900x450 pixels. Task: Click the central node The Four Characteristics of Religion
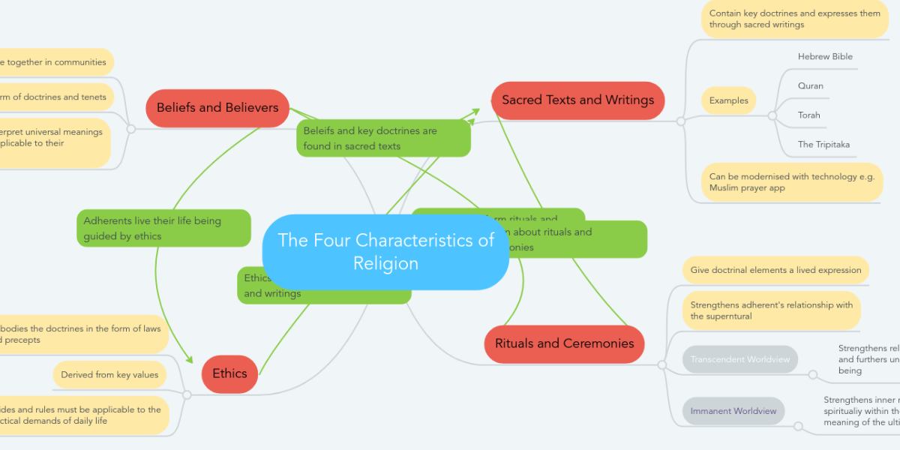pyautogui.click(x=385, y=252)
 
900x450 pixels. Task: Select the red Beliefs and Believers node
pyautogui.click(x=217, y=107)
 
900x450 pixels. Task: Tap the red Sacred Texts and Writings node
pyautogui.click(x=577, y=100)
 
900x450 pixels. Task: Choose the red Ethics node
pyautogui.click(x=229, y=373)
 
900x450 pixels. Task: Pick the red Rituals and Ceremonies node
pyautogui.click(x=564, y=343)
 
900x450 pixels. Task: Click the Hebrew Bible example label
pyautogui.click(x=825, y=57)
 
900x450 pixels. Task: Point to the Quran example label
pyautogui.click(x=811, y=86)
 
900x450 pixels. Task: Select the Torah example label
pyautogui.click(x=809, y=115)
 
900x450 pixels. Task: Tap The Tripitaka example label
pyautogui.click(x=823, y=145)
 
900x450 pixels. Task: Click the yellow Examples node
pyautogui.click(x=728, y=100)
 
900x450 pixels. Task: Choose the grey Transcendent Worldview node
pyautogui.click(x=740, y=359)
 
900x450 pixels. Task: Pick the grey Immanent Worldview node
pyautogui.click(x=733, y=411)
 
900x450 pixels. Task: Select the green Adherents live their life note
pyautogui.click(x=163, y=228)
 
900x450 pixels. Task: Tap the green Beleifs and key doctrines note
pyautogui.click(x=383, y=138)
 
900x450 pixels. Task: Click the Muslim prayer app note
pyautogui.click(x=791, y=182)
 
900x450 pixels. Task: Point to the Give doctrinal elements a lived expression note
pyautogui.click(x=775, y=270)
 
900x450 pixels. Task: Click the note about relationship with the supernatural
pyautogui.click(x=772, y=310)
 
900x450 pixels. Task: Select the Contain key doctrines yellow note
pyautogui.click(x=794, y=19)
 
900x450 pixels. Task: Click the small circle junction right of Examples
pyautogui.click(x=772, y=115)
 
